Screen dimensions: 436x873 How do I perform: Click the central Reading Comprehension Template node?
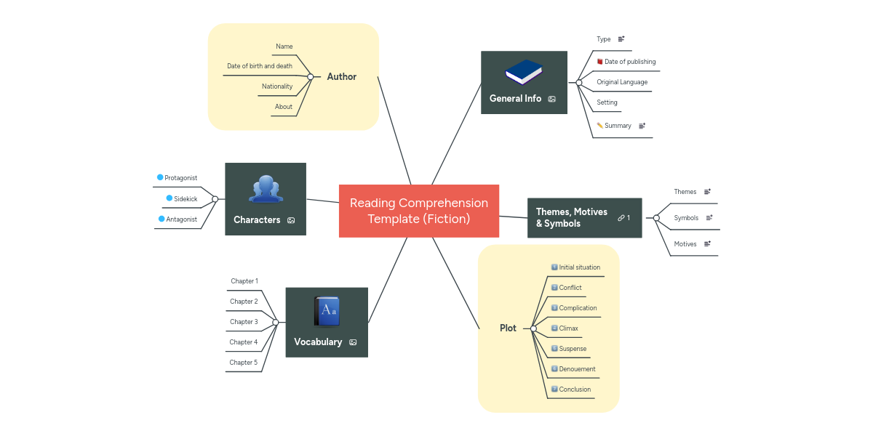click(419, 211)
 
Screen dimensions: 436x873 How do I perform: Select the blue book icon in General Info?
click(524, 73)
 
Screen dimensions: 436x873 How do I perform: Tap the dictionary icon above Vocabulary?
click(327, 310)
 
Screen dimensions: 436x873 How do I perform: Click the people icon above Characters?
click(266, 189)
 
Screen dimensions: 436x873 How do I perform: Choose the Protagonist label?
click(180, 178)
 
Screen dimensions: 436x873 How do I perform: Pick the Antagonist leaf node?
click(180, 219)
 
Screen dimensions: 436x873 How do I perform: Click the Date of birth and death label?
click(260, 66)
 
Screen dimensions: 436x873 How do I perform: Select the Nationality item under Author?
click(277, 86)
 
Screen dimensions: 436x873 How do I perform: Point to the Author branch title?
click(341, 76)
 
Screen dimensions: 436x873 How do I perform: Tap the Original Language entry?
click(622, 82)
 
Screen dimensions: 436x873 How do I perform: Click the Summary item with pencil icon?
click(618, 126)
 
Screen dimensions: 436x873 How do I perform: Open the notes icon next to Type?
click(621, 39)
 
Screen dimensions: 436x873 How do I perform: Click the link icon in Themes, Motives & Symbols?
click(621, 218)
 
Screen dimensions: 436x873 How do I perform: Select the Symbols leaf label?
click(686, 218)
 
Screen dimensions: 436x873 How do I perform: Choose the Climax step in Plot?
click(568, 328)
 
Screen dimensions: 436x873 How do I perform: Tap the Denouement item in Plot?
click(577, 369)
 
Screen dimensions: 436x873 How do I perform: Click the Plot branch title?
click(508, 328)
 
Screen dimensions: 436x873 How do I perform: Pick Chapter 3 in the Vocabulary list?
click(244, 322)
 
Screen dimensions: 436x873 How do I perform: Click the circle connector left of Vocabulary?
click(276, 322)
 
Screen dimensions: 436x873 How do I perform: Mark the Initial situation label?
click(579, 267)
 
